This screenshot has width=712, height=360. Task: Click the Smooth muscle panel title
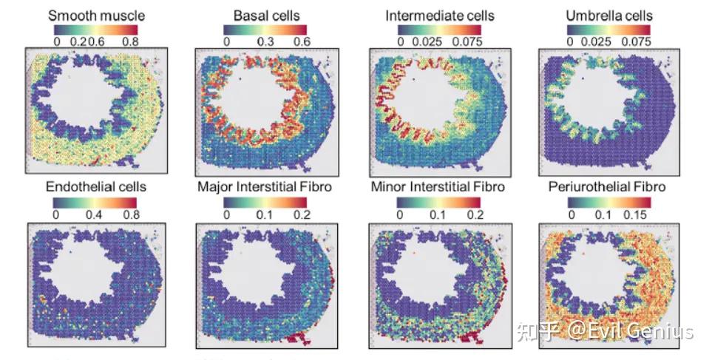[x=96, y=15]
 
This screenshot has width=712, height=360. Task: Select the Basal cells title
[x=268, y=15]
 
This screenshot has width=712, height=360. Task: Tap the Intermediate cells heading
[x=439, y=15]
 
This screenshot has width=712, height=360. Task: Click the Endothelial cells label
[x=96, y=186]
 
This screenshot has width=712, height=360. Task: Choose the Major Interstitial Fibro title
[x=264, y=186]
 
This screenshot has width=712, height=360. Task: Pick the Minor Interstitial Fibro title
[x=438, y=186]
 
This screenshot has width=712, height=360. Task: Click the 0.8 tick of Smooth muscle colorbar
[x=130, y=41]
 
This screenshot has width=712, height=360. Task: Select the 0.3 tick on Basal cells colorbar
[x=266, y=41]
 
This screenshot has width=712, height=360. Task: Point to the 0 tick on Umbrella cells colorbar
[x=570, y=41]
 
